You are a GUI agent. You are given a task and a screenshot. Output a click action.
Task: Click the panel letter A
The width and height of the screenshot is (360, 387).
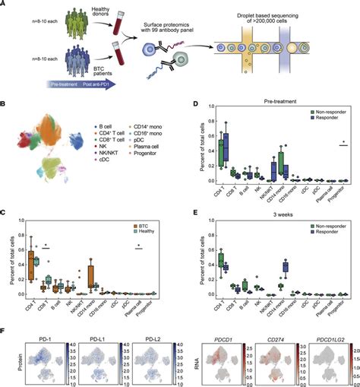[x=5, y=5]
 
